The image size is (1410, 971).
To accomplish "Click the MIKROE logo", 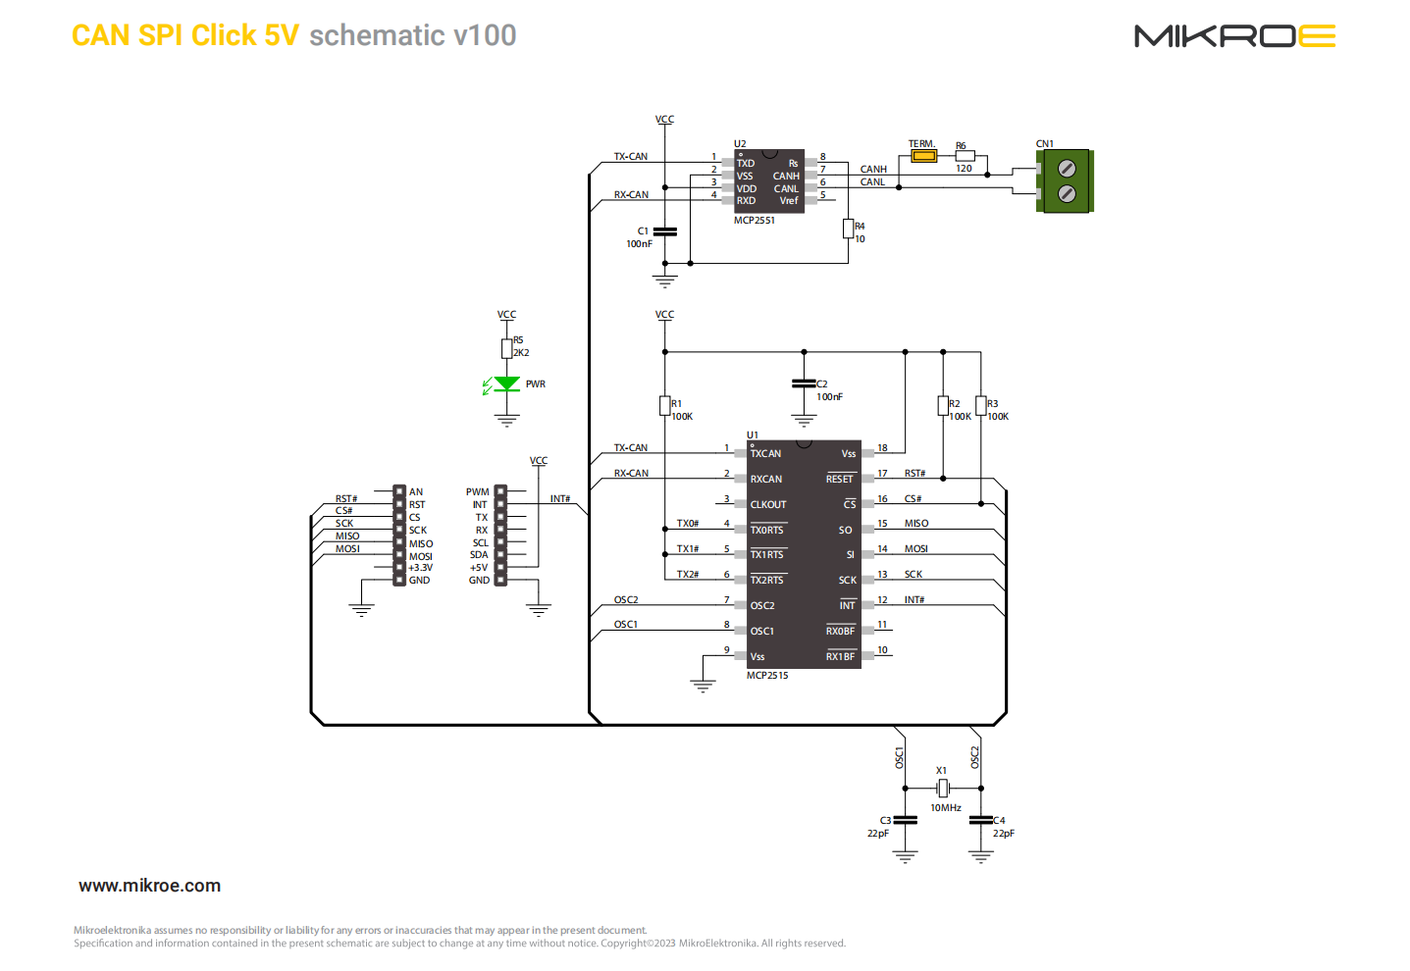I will click(1234, 36).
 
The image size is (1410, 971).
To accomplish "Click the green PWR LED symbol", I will click(506, 383).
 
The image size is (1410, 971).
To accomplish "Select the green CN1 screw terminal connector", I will click(1066, 181).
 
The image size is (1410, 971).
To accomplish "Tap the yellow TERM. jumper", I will click(922, 156).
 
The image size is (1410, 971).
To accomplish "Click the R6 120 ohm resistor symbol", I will click(965, 155).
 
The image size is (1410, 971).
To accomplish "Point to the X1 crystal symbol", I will click(942, 788).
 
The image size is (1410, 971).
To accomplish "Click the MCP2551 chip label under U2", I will click(754, 221).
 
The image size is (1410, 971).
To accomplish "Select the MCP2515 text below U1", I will click(766, 676).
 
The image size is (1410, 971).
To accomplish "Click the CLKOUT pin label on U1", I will click(768, 505).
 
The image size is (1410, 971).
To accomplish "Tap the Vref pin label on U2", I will click(789, 201).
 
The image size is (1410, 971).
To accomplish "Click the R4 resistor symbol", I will click(848, 229).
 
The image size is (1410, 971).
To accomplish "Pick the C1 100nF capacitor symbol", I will click(664, 231).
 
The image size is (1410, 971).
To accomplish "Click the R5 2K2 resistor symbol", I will click(506, 348).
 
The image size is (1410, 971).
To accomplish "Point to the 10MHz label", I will click(945, 808).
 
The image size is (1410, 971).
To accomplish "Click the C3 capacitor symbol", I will click(905, 820).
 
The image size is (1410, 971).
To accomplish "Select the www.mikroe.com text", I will click(149, 886).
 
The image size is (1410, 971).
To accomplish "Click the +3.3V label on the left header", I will click(420, 568).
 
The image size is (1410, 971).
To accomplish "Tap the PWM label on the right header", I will click(477, 492).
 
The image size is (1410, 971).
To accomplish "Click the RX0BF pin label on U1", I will click(840, 632).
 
